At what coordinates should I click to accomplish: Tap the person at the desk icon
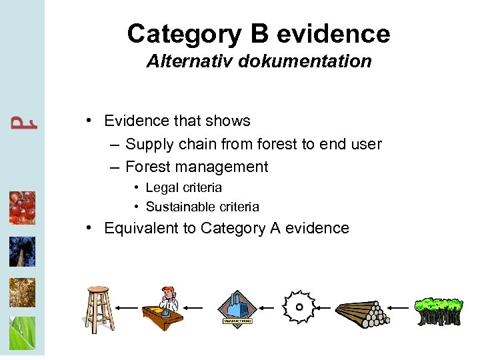pos(163,306)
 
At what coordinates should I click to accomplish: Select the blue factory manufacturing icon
pos(237,307)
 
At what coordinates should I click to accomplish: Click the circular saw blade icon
pos(299,307)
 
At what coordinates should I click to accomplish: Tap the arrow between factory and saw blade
pos(267,308)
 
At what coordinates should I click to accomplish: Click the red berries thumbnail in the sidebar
pos(22,208)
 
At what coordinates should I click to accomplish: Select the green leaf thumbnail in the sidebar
pos(22,333)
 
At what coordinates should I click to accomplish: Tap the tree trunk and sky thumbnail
pos(22,251)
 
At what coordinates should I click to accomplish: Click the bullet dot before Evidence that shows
pos(89,121)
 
